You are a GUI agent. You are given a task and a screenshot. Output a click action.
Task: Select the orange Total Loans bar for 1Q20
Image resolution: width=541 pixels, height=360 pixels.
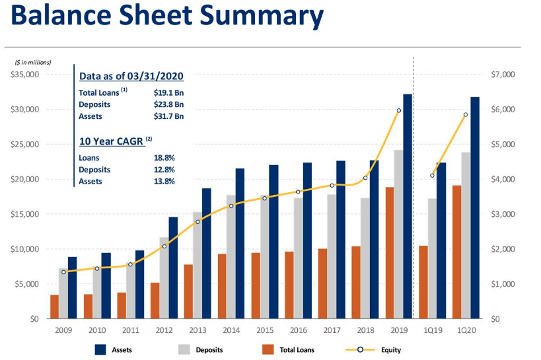(x=456, y=252)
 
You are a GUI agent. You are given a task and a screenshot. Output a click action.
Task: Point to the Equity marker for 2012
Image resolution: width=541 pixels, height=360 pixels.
(x=164, y=246)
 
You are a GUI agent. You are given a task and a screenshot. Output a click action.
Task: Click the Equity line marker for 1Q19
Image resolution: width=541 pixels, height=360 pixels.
(x=432, y=175)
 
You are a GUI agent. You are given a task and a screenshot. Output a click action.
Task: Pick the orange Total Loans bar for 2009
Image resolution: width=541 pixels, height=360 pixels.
(x=54, y=306)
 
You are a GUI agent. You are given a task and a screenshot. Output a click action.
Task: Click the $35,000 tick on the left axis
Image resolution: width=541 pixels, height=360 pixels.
(x=25, y=74)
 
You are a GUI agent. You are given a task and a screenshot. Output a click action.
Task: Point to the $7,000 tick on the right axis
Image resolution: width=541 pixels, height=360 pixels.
(x=503, y=74)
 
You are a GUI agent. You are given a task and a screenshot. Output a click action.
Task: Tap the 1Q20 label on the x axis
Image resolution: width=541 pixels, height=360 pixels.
(x=466, y=330)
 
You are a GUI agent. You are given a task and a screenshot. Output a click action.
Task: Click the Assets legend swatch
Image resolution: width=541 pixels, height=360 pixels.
(x=101, y=349)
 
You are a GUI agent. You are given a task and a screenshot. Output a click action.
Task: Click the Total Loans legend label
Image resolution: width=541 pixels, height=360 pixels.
(x=297, y=349)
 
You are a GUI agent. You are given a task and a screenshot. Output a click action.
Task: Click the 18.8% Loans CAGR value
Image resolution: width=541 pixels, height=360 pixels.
(x=164, y=158)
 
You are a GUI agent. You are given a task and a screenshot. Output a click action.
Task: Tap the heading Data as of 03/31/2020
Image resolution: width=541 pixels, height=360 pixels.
(x=131, y=76)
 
